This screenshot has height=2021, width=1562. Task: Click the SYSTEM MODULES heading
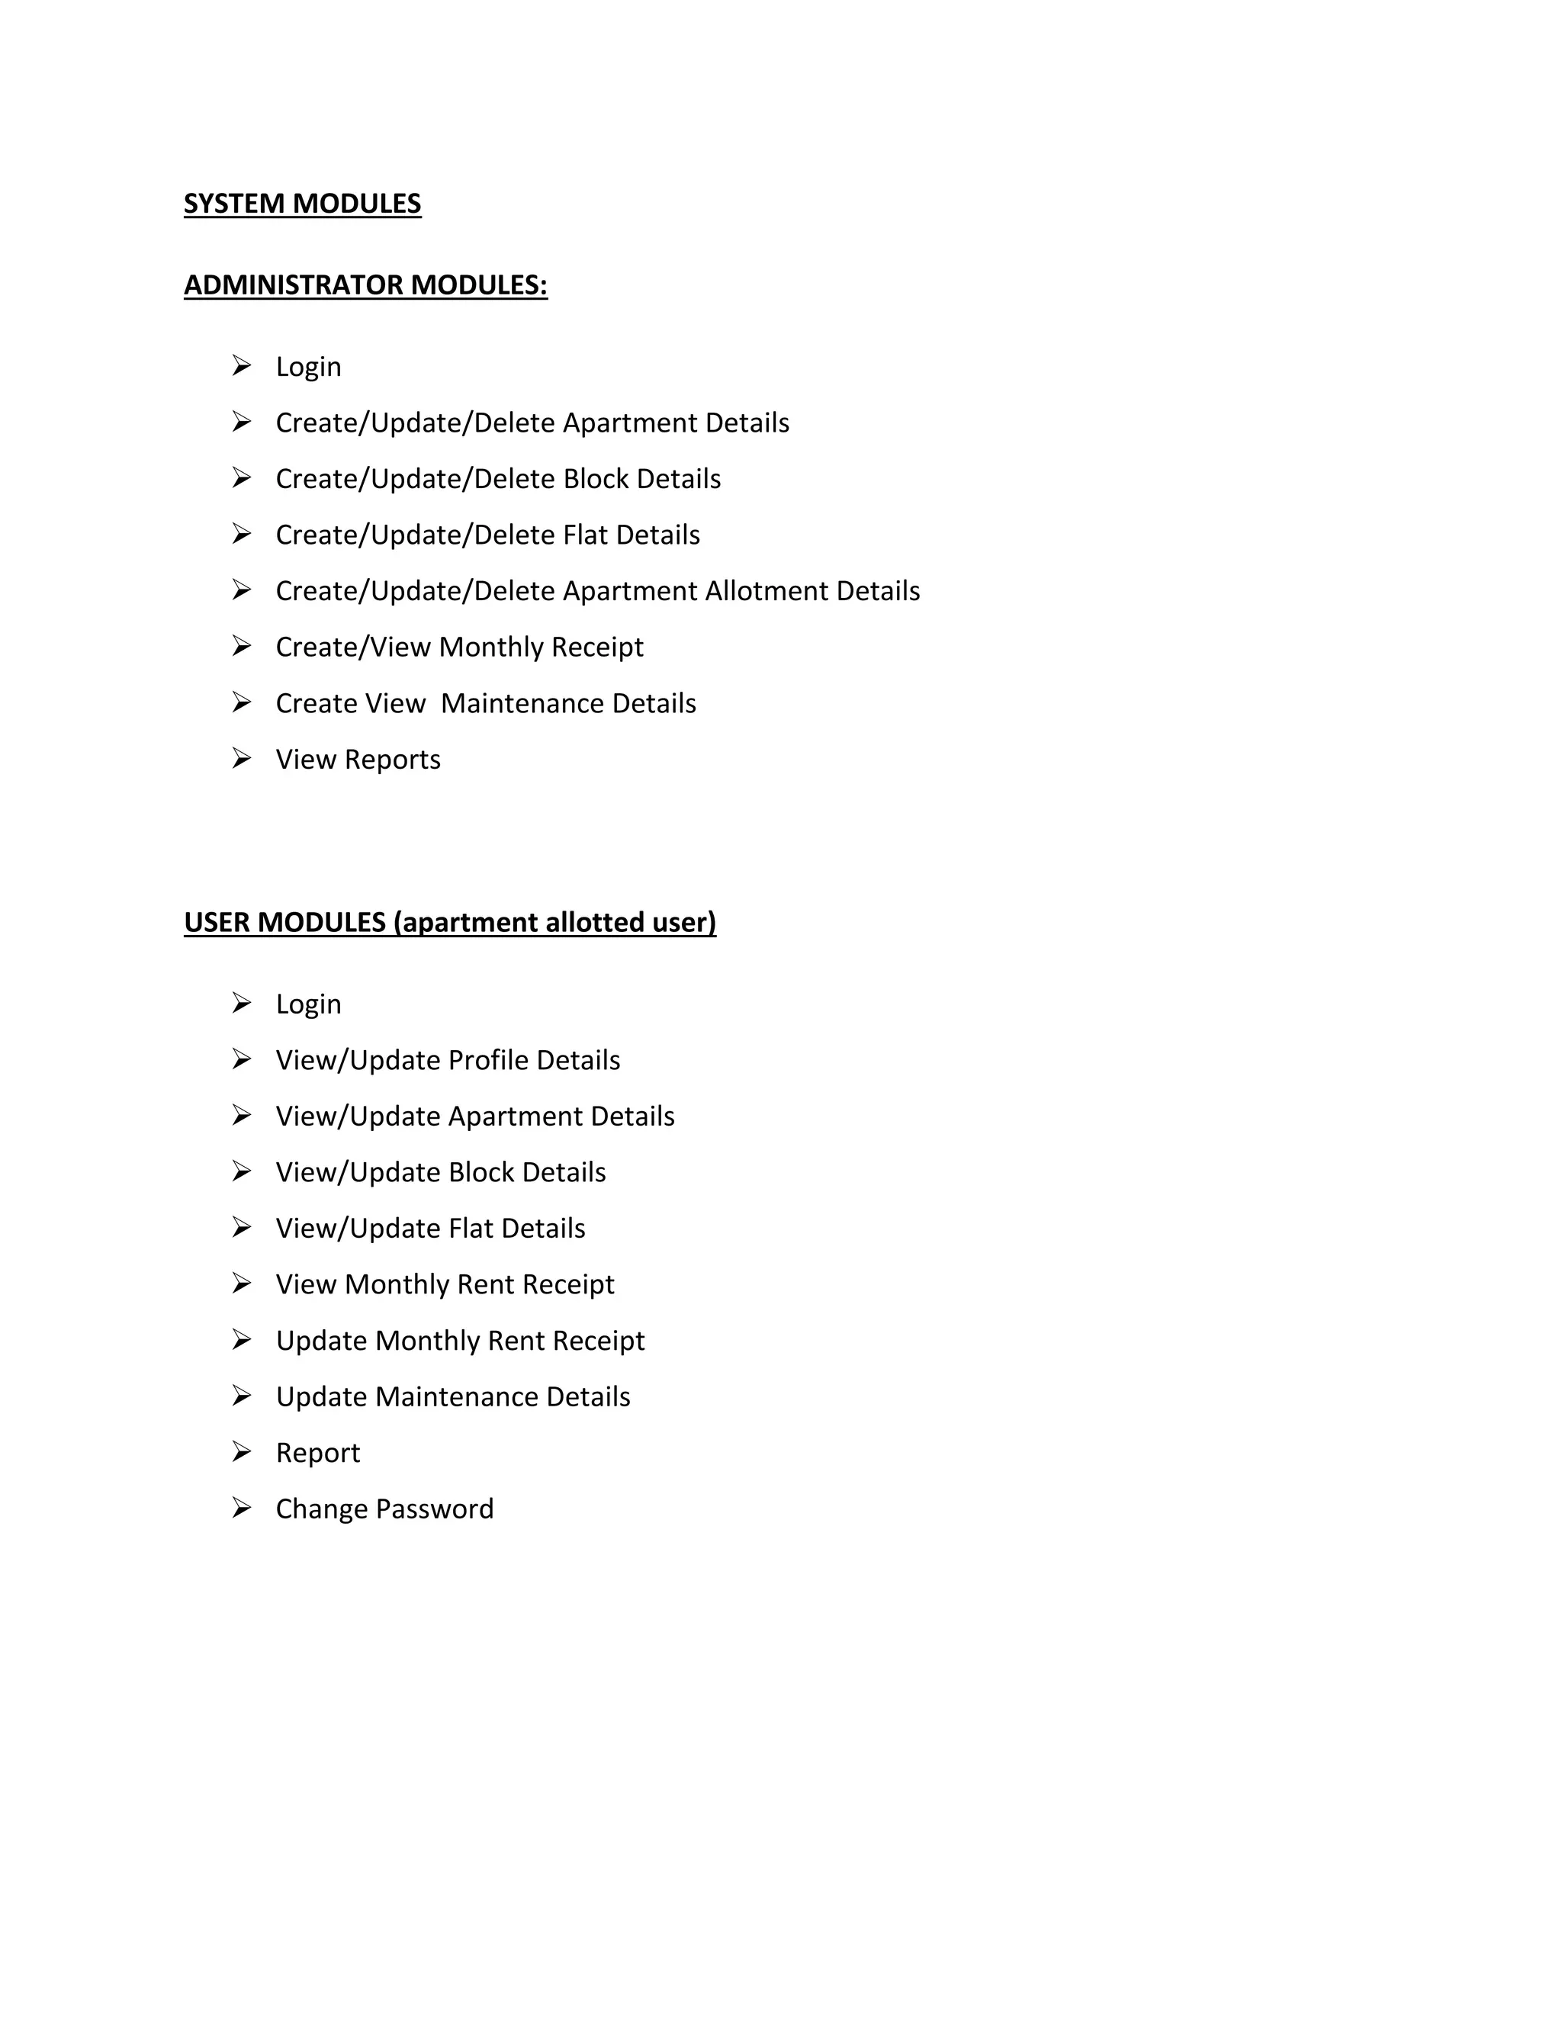pos(302,204)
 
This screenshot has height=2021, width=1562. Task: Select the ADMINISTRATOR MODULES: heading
pos(365,285)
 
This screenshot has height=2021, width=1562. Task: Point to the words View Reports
pos(358,760)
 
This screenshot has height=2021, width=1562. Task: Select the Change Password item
pos(384,1509)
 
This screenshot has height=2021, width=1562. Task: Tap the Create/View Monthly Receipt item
pos(459,647)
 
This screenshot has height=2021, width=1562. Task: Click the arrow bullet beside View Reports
pos(242,759)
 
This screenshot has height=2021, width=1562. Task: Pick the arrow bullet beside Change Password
pos(242,1509)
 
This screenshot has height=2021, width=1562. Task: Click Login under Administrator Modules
pos(308,368)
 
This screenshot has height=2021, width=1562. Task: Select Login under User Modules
pos(308,1005)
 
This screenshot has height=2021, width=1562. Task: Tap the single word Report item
pos(317,1454)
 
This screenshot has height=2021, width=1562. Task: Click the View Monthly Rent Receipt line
pos(444,1284)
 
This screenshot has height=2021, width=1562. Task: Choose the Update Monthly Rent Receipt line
pos(460,1341)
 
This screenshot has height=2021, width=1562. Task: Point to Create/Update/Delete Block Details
pos(498,480)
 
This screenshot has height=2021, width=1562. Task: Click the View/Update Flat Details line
pos(430,1229)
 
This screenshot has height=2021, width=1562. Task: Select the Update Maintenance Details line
pos(452,1397)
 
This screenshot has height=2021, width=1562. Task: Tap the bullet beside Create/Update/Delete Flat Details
pos(242,534)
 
